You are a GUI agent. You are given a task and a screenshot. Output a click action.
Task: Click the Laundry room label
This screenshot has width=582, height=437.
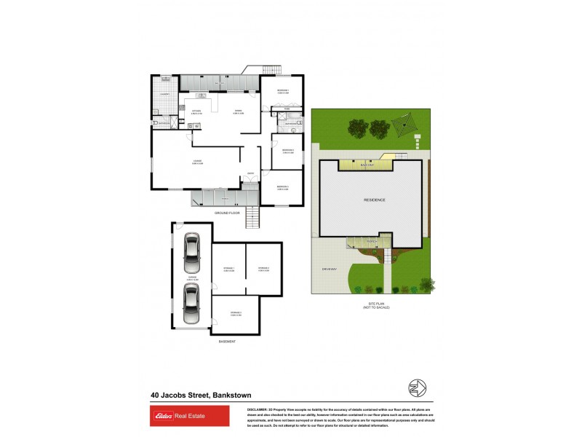164,94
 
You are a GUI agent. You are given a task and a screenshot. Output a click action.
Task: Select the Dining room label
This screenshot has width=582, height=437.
237,111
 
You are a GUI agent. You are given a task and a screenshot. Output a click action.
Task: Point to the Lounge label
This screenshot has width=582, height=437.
196,161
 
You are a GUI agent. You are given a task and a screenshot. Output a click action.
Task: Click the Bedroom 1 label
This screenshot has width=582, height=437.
283,91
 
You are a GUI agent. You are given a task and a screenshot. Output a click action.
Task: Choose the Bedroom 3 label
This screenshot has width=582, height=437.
283,187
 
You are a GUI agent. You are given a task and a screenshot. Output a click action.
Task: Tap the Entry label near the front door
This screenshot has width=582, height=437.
250,173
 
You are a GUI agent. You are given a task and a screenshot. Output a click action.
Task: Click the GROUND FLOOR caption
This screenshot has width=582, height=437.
228,213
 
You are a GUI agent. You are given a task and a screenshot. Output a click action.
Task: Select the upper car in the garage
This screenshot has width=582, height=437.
191,250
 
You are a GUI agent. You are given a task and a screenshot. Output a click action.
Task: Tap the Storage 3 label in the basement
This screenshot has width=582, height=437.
234,313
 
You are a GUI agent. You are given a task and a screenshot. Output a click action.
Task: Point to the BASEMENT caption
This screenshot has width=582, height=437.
227,341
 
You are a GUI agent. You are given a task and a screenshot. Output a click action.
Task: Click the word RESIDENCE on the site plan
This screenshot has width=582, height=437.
375,200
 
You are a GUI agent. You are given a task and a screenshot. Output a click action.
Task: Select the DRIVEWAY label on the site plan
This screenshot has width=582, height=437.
330,269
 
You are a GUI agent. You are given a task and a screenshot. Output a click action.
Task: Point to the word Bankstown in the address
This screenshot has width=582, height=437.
231,395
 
